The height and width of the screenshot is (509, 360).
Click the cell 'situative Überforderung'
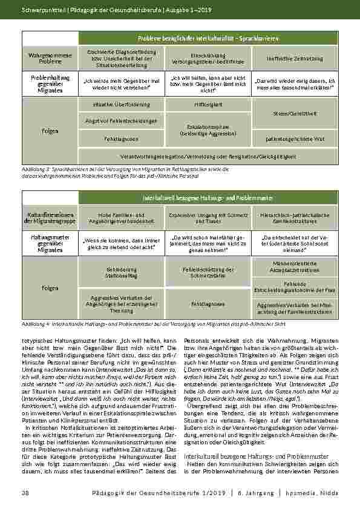tap(122, 105)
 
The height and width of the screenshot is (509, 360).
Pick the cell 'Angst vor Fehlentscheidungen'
tap(122, 122)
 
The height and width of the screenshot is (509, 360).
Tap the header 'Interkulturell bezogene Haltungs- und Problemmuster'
tap(208, 198)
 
